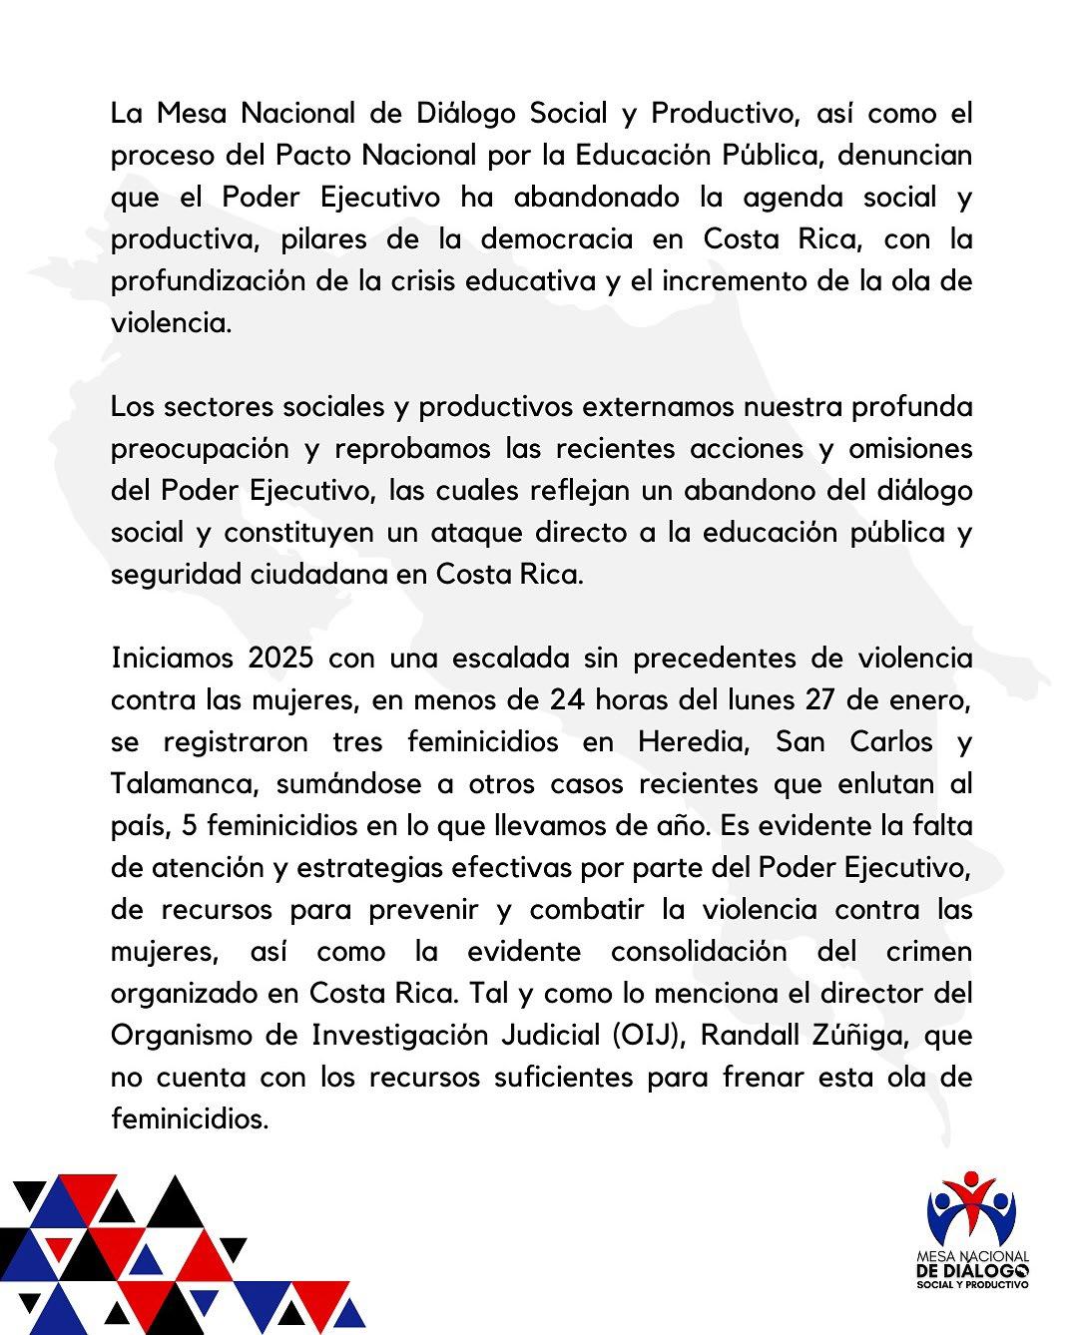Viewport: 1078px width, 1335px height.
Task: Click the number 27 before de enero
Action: [820, 700]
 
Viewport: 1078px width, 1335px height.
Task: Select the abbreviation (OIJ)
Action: [641, 1036]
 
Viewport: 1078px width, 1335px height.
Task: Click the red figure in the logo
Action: [971, 1198]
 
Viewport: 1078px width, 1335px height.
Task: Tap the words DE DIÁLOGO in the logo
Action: [972, 1269]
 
